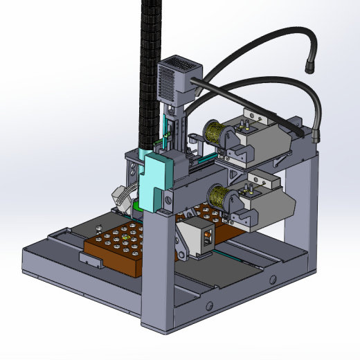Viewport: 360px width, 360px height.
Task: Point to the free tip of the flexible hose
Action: (310, 69)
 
